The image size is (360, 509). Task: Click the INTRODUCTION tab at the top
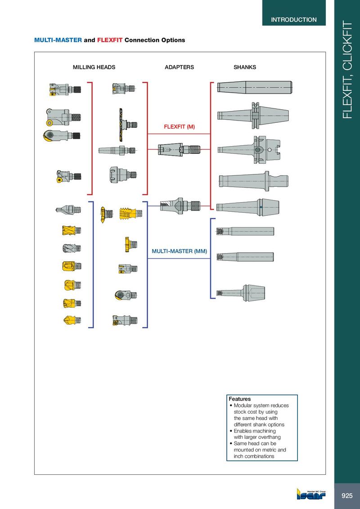294,20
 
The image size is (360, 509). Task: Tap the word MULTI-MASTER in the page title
58,40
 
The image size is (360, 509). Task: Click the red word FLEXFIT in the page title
110,40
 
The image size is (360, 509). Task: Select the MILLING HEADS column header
94,67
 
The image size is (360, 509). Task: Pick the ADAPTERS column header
180,67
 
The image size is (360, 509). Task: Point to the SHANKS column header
245,67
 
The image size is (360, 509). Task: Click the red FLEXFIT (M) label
180,127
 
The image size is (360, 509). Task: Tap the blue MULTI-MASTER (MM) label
180,251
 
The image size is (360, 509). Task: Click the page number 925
347,496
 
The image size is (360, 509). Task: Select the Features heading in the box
240,399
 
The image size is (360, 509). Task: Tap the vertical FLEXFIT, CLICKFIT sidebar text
347,70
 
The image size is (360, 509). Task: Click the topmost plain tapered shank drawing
255,88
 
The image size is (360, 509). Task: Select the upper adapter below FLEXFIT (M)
180,150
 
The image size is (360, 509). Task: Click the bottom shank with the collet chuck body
241,293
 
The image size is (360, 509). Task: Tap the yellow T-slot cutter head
130,245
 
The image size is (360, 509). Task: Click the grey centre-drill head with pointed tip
68,210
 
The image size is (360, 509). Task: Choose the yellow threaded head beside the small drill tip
130,214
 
